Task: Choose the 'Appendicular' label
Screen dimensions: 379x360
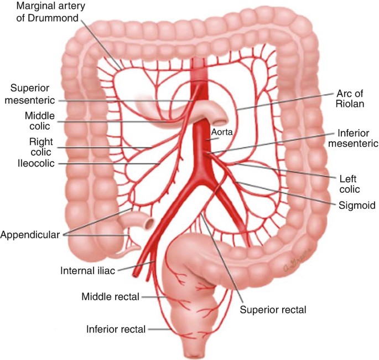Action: tap(30, 234)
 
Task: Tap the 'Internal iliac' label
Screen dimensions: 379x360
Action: tap(87, 271)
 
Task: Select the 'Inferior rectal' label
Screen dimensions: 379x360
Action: tap(116, 330)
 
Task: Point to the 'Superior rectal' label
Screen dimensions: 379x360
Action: tap(273, 309)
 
